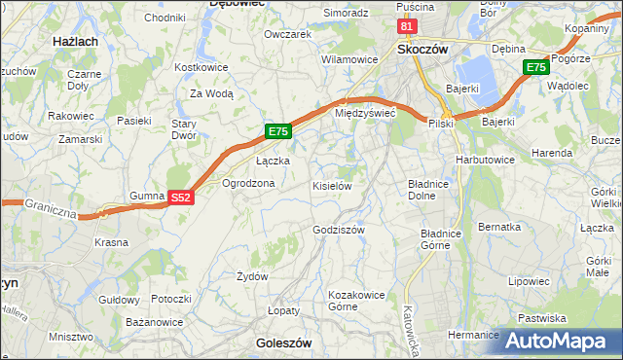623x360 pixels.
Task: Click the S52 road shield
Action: pyautogui.click(x=180, y=197)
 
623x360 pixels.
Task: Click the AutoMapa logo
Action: pyautogui.click(x=561, y=341)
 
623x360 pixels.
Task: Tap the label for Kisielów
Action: pyautogui.click(x=331, y=185)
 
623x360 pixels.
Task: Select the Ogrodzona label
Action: pyautogui.click(x=248, y=183)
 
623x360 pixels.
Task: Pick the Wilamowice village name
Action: pyautogui.click(x=349, y=59)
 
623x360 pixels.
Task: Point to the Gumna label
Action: pyautogui.click(x=146, y=196)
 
